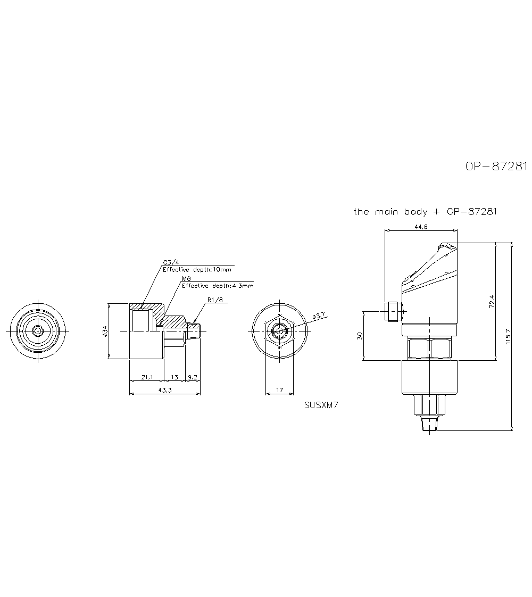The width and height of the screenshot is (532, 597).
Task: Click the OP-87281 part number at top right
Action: [496, 167]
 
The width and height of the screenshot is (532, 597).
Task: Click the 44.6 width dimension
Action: [421, 227]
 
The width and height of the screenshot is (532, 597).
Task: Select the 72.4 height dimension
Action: [492, 301]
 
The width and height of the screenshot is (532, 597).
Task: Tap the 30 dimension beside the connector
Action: [360, 335]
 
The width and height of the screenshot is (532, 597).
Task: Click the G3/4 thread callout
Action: [171, 262]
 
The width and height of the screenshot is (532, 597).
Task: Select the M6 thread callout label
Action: [187, 279]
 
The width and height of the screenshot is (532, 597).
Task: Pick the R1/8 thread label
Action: [215, 299]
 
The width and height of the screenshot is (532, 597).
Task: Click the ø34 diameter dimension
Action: [105, 331]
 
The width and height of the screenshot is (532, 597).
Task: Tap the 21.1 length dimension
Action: [147, 377]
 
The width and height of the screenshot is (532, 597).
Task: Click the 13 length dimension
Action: [174, 377]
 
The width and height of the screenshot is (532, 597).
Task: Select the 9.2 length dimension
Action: [193, 377]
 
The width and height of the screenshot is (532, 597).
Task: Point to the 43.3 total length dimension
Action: [165, 390]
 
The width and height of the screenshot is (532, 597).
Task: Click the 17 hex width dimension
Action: [280, 390]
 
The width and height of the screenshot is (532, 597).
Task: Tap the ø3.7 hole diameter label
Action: [319, 316]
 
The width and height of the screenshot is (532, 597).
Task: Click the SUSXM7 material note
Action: [321, 405]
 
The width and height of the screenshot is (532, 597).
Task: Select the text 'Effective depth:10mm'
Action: [197, 270]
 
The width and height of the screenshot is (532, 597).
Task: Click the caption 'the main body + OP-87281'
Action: [425, 212]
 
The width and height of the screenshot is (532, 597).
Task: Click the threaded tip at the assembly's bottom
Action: [430, 424]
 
